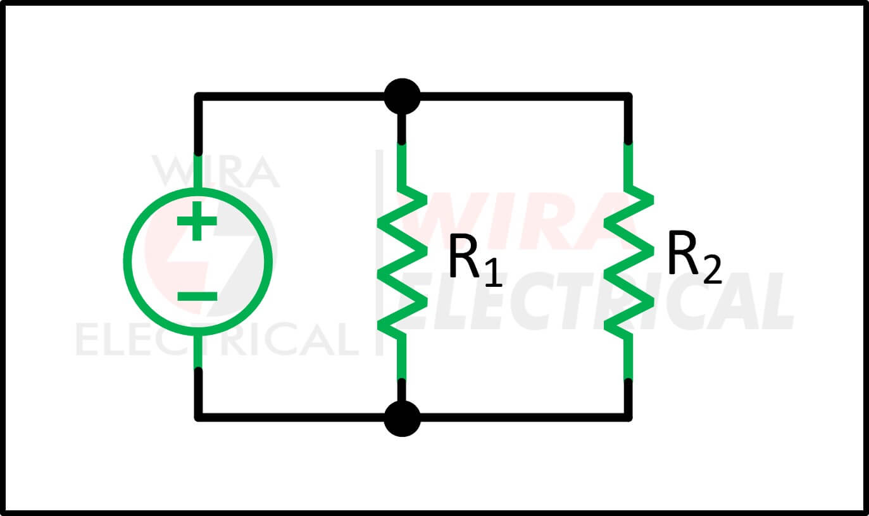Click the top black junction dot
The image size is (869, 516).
[403, 97]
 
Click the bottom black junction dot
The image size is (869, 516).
[403, 418]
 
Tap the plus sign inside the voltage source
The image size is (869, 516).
[197, 221]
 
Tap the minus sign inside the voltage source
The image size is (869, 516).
[197, 297]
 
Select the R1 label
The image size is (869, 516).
[475, 261]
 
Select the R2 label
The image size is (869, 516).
[694, 257]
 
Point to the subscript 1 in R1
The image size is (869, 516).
[494, 273]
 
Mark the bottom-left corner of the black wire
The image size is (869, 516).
[198, 417]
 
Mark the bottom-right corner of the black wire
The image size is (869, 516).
[628, 417]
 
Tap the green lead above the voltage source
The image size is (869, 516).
[198, 172]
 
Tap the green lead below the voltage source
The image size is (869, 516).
[198, 351]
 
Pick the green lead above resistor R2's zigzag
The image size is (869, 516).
[628, 165]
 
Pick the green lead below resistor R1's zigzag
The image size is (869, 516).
[402, 360]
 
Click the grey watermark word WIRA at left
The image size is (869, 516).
[216, 172]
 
